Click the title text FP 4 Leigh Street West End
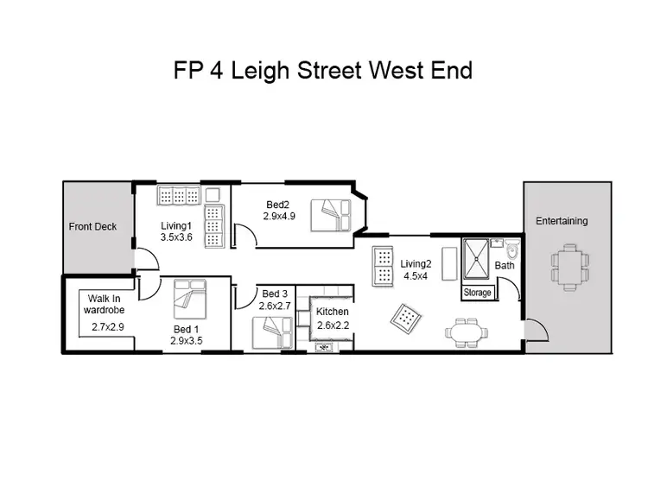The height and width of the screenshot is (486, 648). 323,70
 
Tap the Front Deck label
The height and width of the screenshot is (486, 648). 92,227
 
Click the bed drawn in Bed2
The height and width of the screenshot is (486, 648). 332,214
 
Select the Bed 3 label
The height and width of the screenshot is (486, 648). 276,294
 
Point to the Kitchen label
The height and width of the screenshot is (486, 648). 333,312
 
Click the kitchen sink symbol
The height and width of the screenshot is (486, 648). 326,347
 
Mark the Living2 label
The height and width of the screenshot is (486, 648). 416,263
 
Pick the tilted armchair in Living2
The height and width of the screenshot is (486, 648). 406,319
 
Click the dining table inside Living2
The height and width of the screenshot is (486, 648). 466,331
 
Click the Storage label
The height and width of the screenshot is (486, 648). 478,293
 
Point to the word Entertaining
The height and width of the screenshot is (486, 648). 562,221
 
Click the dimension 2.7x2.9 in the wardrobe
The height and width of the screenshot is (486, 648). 109,327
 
